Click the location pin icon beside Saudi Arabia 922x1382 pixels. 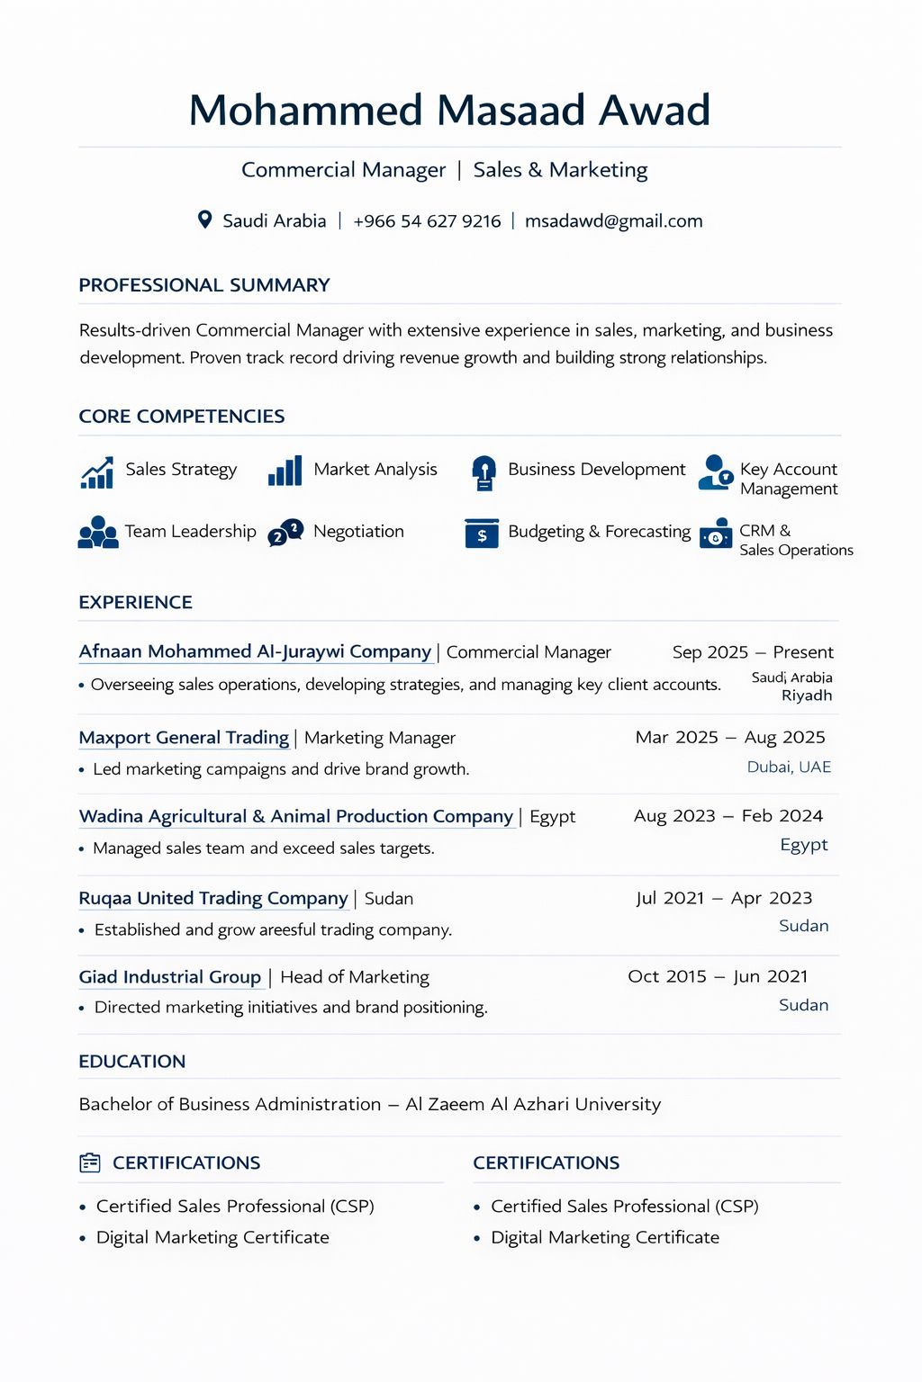[204, 220]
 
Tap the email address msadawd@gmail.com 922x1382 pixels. [613, 221]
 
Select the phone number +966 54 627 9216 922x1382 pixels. [427, 221]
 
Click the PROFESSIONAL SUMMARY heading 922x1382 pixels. [204, 285]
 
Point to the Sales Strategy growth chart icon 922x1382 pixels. [97, 472]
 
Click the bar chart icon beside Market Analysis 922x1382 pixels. [285, 471]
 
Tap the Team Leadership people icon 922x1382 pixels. [98, 533]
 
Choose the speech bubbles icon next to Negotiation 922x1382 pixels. [285, 532]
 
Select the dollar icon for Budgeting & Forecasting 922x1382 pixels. [482, 534]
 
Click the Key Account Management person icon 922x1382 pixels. [716, 472]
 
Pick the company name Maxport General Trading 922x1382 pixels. [184, 738]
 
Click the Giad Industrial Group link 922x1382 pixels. [169, 977]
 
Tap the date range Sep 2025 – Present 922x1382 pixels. [753, 652]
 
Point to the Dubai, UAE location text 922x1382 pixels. [789, 767]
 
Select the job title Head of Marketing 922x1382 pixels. [355, 977]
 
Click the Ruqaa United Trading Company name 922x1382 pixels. [213, 898]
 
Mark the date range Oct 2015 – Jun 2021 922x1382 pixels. [718, 977]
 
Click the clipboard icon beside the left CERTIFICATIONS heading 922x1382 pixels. [90, 1162]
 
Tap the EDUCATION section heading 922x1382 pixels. [132, 1062]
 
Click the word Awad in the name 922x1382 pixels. [655, 111]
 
